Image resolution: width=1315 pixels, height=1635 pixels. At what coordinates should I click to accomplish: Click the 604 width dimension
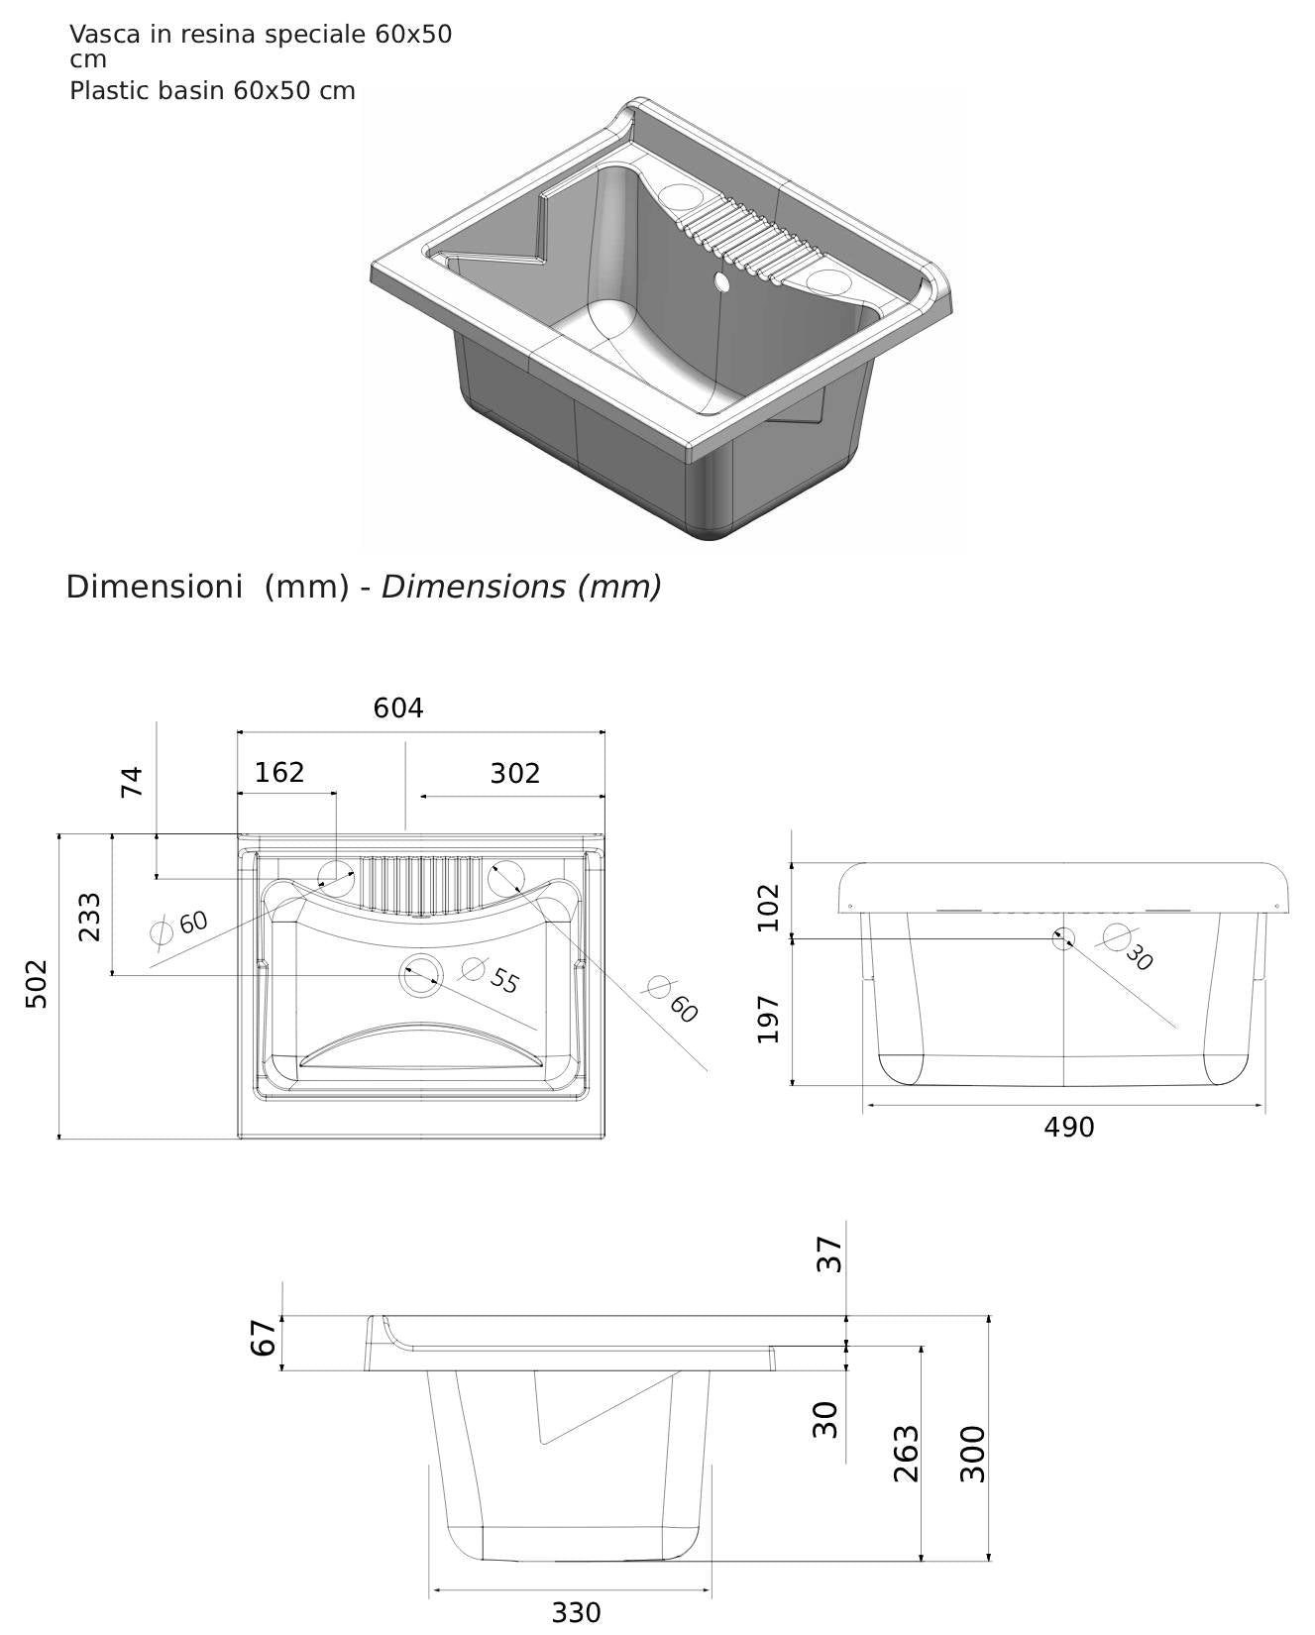point(398,708)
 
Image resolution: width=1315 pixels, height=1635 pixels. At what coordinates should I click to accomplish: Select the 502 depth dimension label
point(36,983)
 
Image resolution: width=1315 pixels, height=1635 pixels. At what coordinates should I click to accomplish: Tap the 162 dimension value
point(279,773)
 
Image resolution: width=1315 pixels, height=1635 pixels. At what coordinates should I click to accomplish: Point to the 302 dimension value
point(515,774)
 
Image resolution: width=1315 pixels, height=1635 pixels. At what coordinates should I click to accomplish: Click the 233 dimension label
point(89,917)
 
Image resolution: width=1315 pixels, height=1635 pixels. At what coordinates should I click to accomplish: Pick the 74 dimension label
point(132,782)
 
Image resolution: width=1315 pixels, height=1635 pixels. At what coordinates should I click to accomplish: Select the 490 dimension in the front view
point(1069,1128)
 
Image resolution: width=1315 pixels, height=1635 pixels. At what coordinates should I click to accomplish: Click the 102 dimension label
point(769,907)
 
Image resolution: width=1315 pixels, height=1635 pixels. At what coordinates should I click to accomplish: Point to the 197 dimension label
point(769,1020)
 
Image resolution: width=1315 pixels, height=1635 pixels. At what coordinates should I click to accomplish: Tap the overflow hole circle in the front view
point(1063,937)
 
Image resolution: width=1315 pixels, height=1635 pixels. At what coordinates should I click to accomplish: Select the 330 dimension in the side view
point(576,1613)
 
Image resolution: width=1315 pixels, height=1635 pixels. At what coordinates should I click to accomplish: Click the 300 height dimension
point(974,1454)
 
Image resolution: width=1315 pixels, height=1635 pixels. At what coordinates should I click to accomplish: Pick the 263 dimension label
point(907,1454)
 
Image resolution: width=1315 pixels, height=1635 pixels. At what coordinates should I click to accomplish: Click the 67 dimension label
point(262,1339)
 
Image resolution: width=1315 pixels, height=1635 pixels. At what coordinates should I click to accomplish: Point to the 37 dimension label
point(829,1254)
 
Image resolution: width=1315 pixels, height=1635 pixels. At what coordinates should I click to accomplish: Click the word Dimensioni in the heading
point(154,588)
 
